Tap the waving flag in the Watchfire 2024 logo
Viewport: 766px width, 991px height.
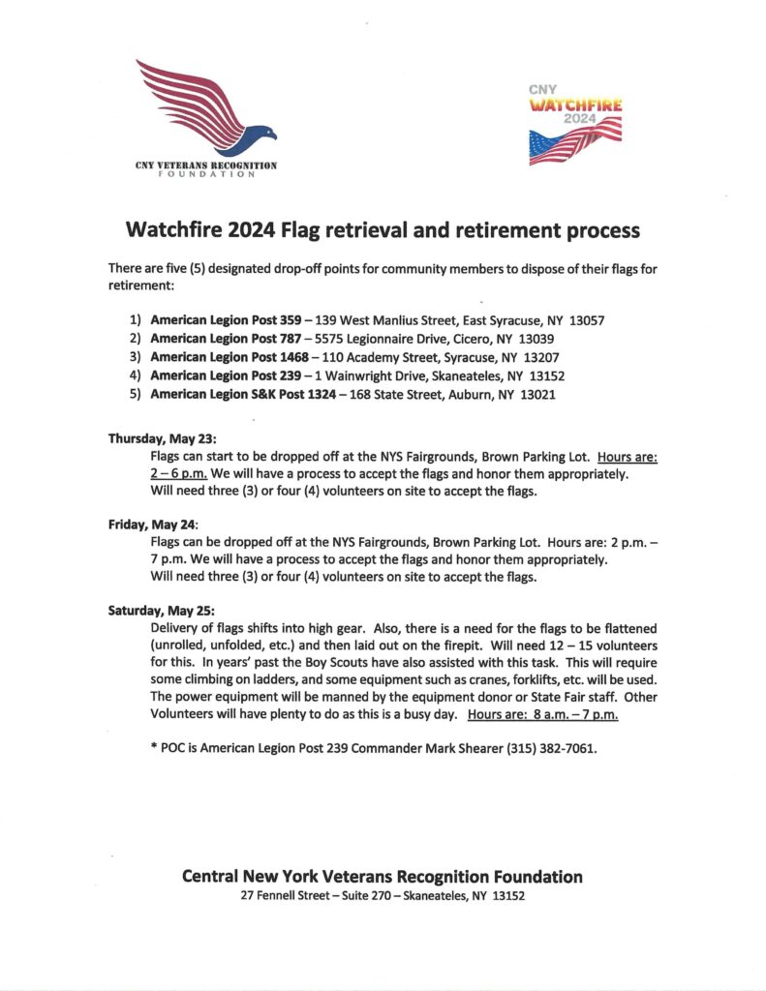click(575, 139)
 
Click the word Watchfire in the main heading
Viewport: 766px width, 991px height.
click(173, 230)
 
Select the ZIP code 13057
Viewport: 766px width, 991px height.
click(586, 320)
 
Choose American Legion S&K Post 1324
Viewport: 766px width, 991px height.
click(227, 396)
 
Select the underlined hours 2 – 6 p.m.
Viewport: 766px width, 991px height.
click(178, 474)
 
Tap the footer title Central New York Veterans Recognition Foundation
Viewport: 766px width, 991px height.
click(382, 877)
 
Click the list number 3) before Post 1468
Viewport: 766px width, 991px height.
click(136, 358)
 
